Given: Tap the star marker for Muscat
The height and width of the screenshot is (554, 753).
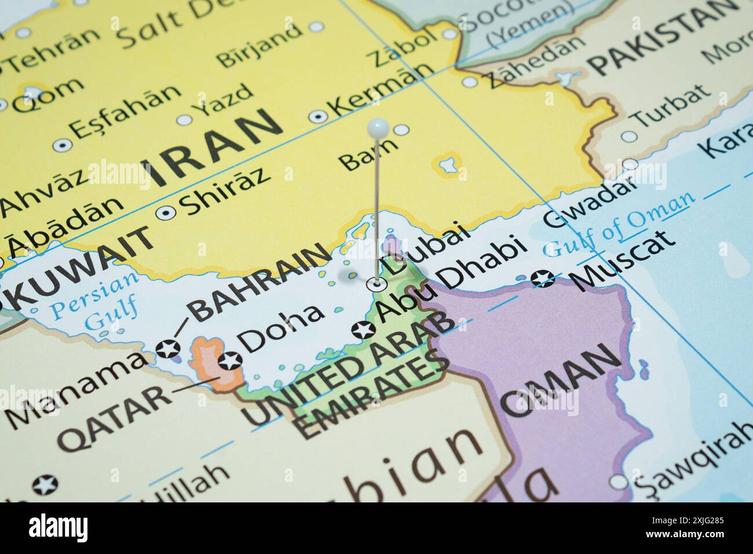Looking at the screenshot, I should coord(543,279).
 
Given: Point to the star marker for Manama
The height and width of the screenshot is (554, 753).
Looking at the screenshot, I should coord(169,349).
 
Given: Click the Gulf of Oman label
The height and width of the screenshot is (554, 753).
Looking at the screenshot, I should coord(620,223).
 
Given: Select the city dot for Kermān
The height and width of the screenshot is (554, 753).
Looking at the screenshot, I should coord(318,116).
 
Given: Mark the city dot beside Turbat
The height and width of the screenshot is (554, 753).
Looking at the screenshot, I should coord(628,137).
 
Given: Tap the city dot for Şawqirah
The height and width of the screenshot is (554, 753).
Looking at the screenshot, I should coord(619,482).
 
